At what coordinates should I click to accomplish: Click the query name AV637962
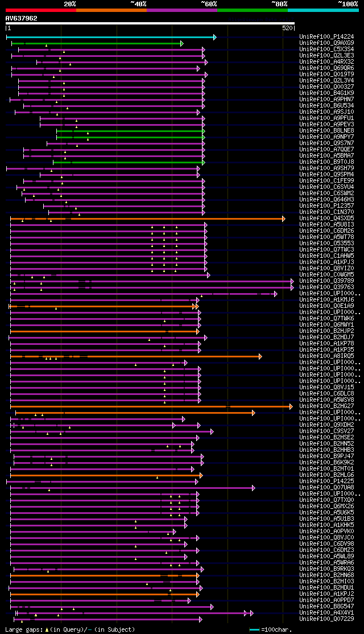tap(22, 18)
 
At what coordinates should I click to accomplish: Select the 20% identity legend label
tap(70, 3)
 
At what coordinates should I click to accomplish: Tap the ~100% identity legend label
tap(348, 3)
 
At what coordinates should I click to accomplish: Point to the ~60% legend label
tap(209, 3)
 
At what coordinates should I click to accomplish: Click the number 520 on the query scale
tap(287, 27)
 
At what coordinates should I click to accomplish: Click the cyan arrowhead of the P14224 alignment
tap(214, 38)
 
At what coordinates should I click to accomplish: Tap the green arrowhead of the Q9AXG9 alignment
tap(181, 43)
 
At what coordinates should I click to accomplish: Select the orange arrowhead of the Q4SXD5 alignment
tap(283, 219)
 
